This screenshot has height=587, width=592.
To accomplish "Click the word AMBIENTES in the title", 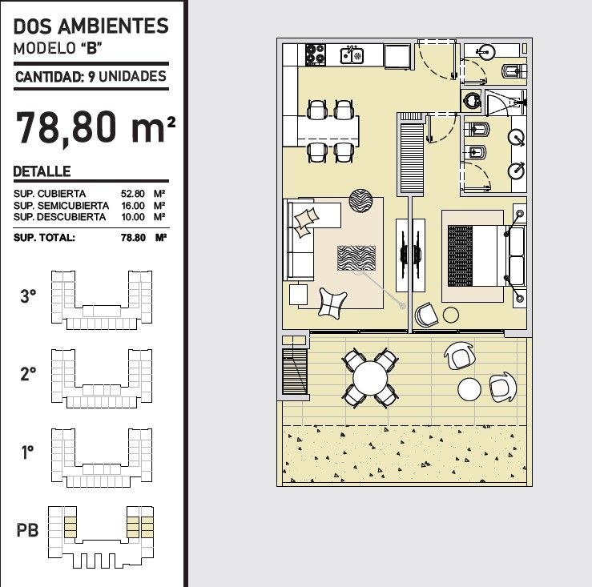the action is (x=113, y=26).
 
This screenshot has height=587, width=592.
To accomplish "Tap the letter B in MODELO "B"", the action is (x=92, y=48).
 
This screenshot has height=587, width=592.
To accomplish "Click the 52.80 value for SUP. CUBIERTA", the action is (x=132, y=194).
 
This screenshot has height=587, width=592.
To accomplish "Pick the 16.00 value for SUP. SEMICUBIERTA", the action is (x=132, y=206).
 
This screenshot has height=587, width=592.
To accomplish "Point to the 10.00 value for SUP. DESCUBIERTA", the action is (x=132, y=217).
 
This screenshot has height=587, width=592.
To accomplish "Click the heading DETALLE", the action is (x=42, y=171).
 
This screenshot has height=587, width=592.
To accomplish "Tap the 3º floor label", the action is (x=28, y=296).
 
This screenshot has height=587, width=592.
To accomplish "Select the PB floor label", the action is (x=27, y=530).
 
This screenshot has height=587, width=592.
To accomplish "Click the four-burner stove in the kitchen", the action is (x=316, y=54).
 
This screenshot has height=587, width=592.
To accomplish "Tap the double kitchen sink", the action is (x=352, y=55).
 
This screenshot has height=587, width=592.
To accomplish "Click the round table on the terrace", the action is (x=370, y=378).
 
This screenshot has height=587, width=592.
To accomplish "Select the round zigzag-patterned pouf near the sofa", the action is (x=360, y=200).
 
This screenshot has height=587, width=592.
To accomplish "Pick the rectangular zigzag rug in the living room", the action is (x=356, y=258).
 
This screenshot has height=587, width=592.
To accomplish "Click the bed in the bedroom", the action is (x=487, y=255).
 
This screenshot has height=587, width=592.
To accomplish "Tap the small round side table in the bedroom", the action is (x=450, y=315).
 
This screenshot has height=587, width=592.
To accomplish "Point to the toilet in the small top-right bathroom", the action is (x=513, y=70).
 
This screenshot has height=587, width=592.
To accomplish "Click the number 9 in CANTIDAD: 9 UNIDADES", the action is (x=91, y=77).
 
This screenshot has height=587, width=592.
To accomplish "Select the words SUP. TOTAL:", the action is (x=44, y=238).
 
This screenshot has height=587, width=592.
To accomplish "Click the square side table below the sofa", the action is (x=298, y=295).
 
